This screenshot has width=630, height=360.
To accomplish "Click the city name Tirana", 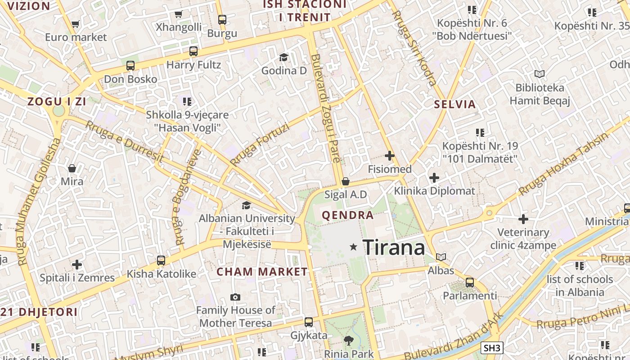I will coord(393,247).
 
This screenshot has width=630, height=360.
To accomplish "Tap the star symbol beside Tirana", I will coord(354,247).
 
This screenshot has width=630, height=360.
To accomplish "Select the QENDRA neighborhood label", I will coord(348,215).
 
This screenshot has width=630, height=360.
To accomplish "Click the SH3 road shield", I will coord(492,348).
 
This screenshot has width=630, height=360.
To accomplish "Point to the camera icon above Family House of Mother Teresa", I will coord(235,297).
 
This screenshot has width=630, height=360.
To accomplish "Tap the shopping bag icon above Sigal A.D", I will coord(346,181).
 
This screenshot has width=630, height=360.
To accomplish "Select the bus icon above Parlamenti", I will coord(470,283).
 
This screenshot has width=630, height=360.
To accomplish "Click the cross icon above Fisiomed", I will coord(390,156).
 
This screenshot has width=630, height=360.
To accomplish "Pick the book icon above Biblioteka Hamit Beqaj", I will coord(539,74).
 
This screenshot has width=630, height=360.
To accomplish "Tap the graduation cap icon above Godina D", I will coord(283,57).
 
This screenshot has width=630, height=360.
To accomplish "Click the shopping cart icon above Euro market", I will coord(75,24).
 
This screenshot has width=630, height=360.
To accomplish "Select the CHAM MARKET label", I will coord(262,272).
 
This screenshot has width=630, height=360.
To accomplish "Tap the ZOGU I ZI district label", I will coord(57,101).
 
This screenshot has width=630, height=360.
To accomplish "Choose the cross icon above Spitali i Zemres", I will coord(77,264).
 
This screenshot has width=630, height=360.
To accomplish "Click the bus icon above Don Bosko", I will coord(130,66).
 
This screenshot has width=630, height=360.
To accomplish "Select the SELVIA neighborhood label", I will coord(454,104).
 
